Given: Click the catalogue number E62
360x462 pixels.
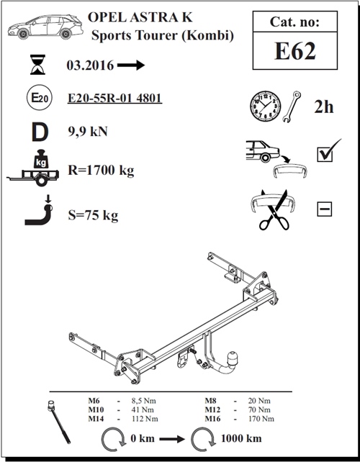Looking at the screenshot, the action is [295, 51].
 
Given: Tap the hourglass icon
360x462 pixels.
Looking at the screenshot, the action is [38, 65].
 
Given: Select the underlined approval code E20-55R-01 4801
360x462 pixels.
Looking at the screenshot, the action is [114, 98].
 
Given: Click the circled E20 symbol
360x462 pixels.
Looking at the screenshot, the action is [40, 98].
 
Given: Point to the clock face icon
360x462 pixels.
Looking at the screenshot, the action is [266, 106].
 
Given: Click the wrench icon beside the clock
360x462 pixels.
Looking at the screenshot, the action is [292, 107].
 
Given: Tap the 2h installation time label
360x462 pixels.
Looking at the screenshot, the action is [324, 107].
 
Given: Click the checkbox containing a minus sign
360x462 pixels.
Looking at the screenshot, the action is [324, 209].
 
